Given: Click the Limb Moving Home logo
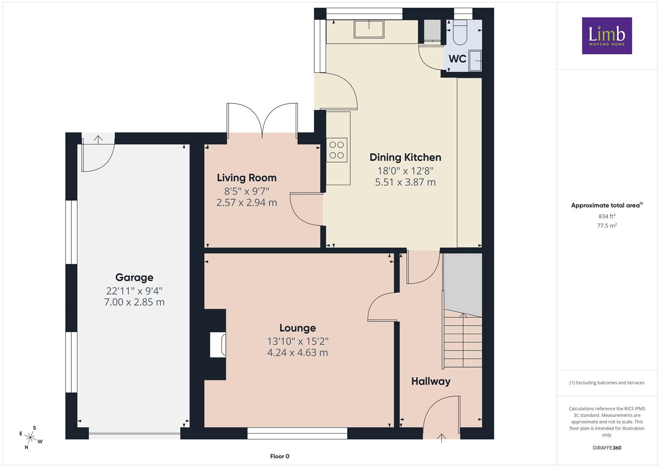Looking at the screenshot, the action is click(x=607, y=35).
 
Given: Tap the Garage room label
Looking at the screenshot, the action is click(x=134, y=278).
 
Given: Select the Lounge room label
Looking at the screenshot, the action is click(x=298, y=328).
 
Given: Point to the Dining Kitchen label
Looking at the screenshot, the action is click(x=405, y=157).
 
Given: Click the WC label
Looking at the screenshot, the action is click(x=457, y=59).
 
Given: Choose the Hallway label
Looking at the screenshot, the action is click(x=431, y=381).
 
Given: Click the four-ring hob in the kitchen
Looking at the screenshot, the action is click(x=336, y=150).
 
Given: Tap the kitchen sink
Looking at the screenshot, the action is click(x=369, y=29).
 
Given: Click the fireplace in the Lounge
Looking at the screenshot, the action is click(x=218, y=344).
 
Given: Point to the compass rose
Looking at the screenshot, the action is click(x=30, y=438).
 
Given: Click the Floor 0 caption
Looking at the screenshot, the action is click(x=280, y=456).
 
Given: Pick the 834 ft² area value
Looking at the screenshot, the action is click(x=607, y=216).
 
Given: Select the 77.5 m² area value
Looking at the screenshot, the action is click(x=607, y=226).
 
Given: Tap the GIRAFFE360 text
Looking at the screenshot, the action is click(x=607, y=448).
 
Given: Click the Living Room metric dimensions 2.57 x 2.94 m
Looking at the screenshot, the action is click(x=247, y=202).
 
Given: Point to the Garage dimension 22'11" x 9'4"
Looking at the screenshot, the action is click(x=134, y=291).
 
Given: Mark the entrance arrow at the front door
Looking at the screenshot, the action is click(x=441, y=438).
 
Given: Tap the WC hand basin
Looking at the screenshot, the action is click(x=475, y=61).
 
